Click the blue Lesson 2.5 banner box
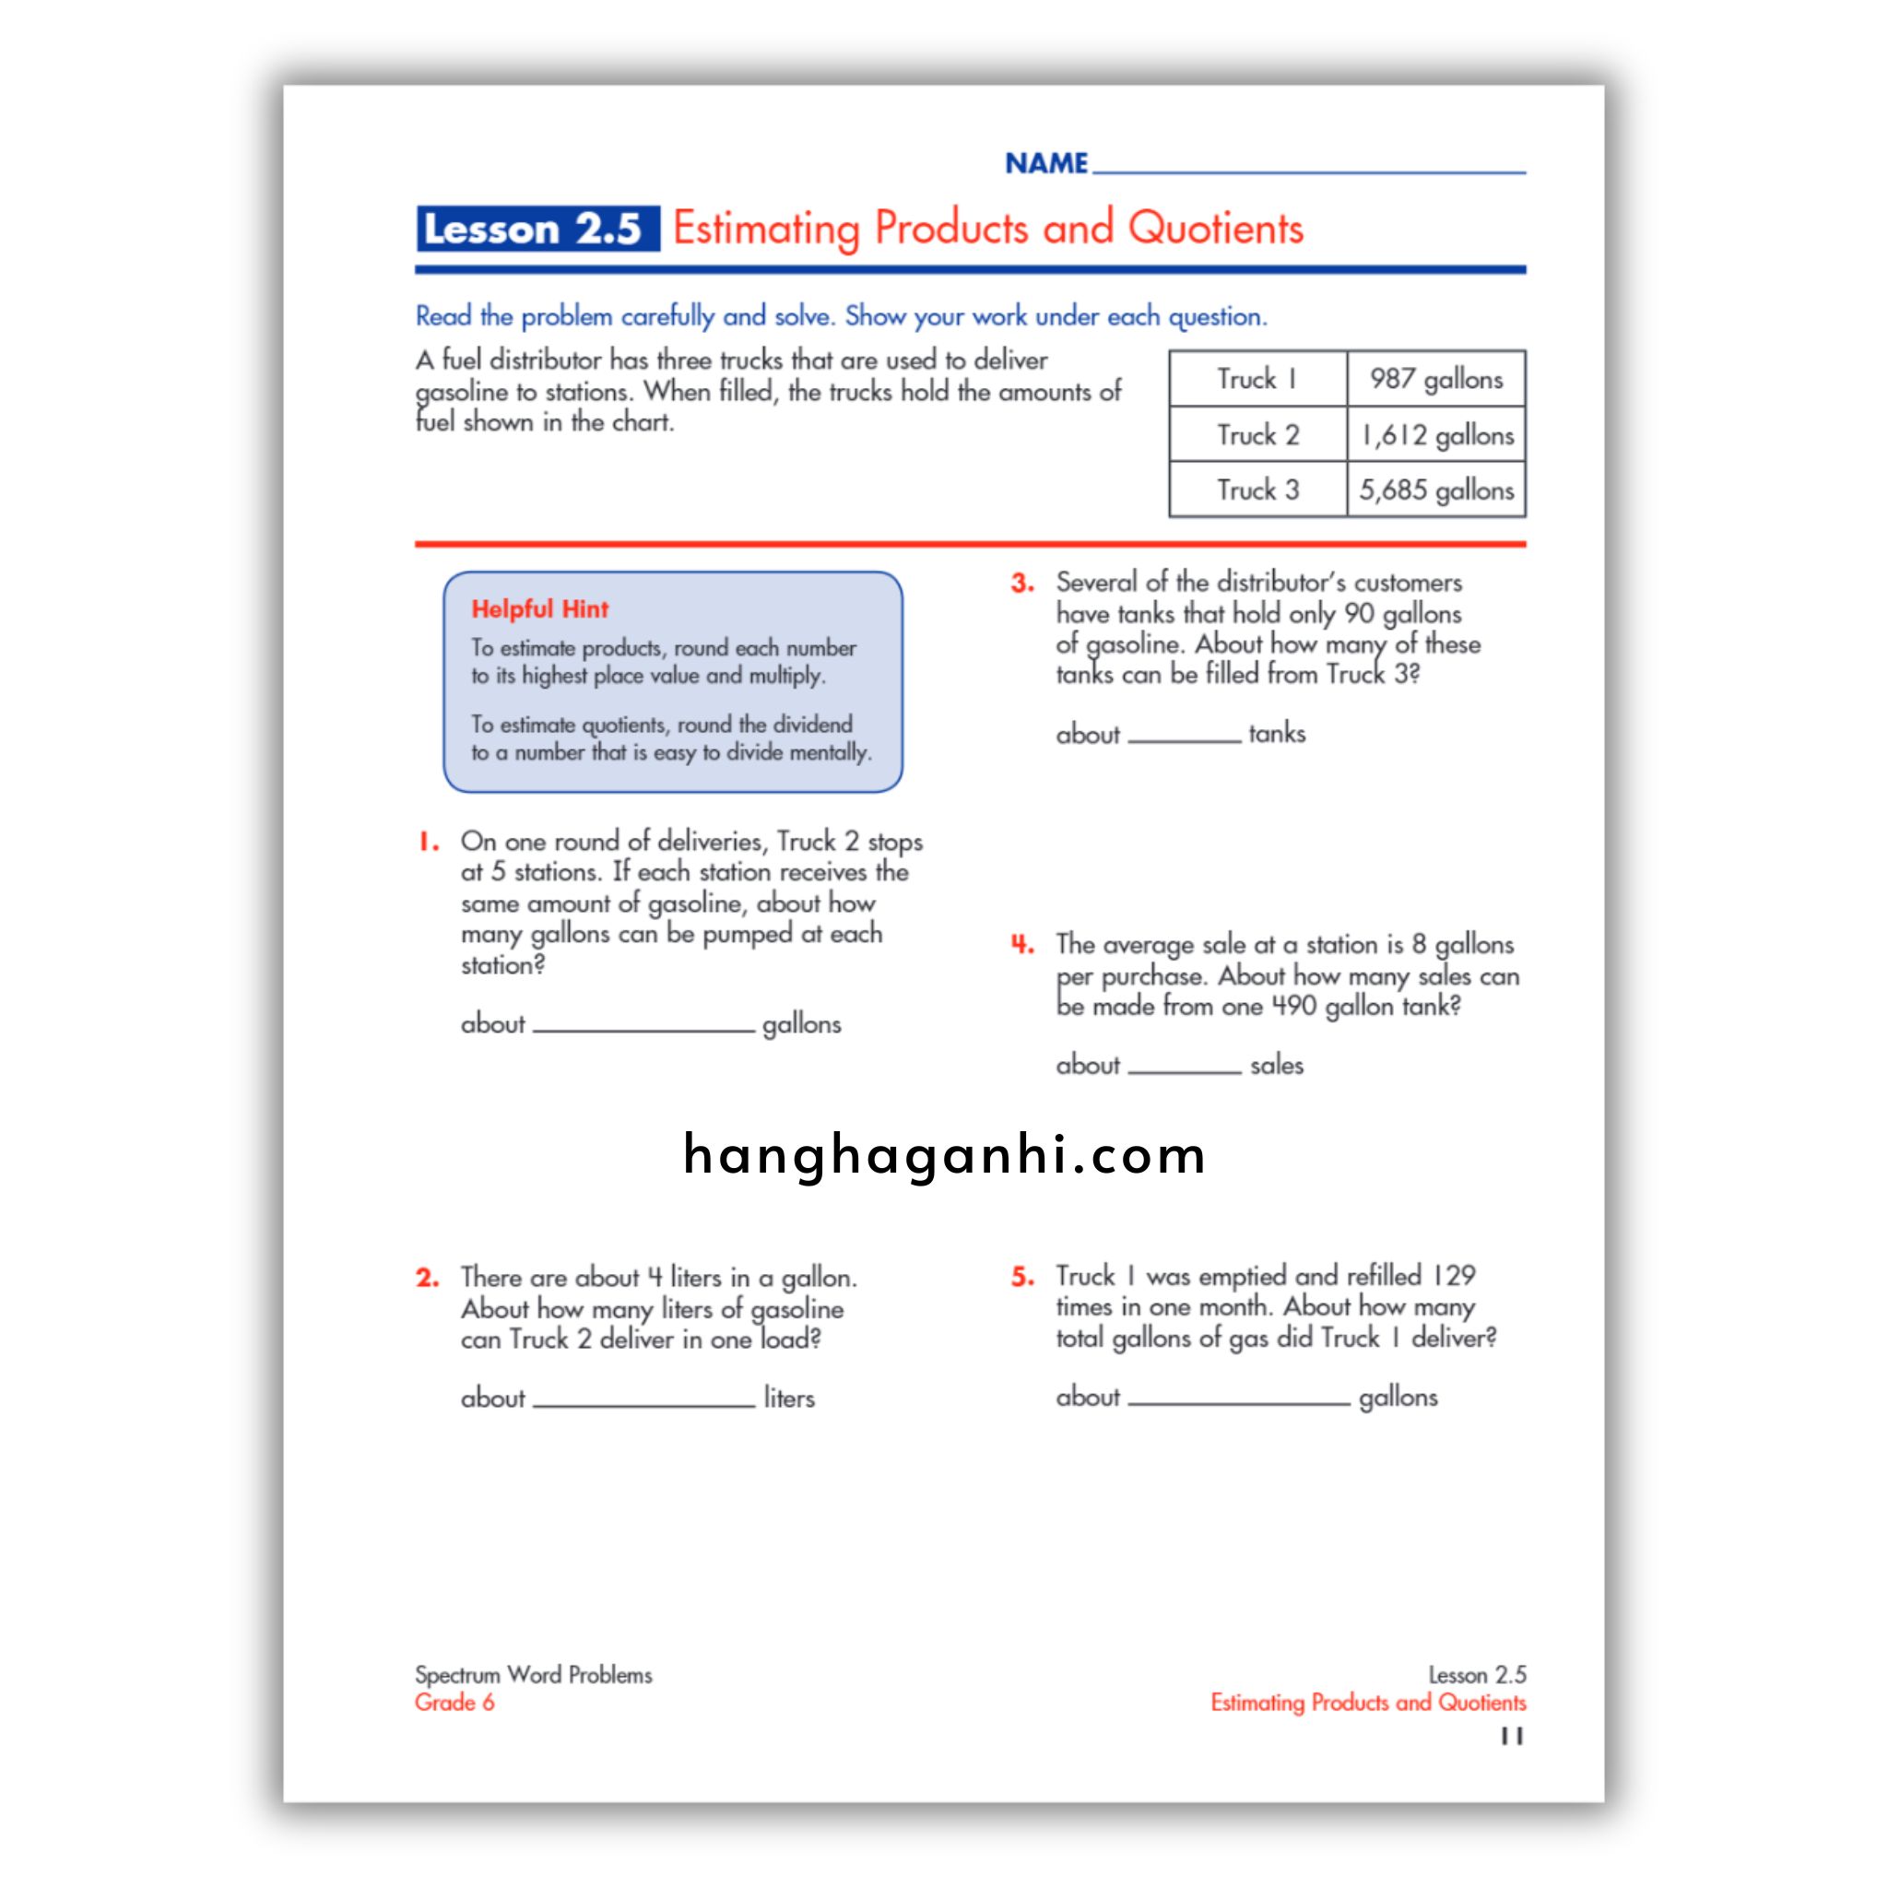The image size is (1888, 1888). tap(537, 229)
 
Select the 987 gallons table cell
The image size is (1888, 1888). tap(1434, 379)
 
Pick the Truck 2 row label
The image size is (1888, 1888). tap(1257, 435)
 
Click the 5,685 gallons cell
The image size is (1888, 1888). tap(1435, 490)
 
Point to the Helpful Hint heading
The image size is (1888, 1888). tap(539, 608)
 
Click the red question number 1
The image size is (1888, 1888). tap(428, 842)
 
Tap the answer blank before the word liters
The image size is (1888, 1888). tap(644, 1399)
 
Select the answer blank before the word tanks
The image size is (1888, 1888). tap(1184, 736)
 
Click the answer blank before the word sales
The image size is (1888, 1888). tap(1184, 1068)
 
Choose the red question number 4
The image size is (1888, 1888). tap(1022, 944)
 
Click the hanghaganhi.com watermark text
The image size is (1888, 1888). tap(944, 1155)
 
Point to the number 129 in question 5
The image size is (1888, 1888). tap(1454, 1276)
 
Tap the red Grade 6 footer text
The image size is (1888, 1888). tap(454, 1703)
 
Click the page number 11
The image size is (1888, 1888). tap(1512, 1737)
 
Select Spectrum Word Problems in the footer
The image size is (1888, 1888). tap(533, 1675)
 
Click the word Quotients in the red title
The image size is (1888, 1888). tap(1215, 229)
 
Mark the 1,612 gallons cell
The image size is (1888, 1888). tap(1435, 435)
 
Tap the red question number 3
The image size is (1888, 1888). tap(1022, 584)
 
